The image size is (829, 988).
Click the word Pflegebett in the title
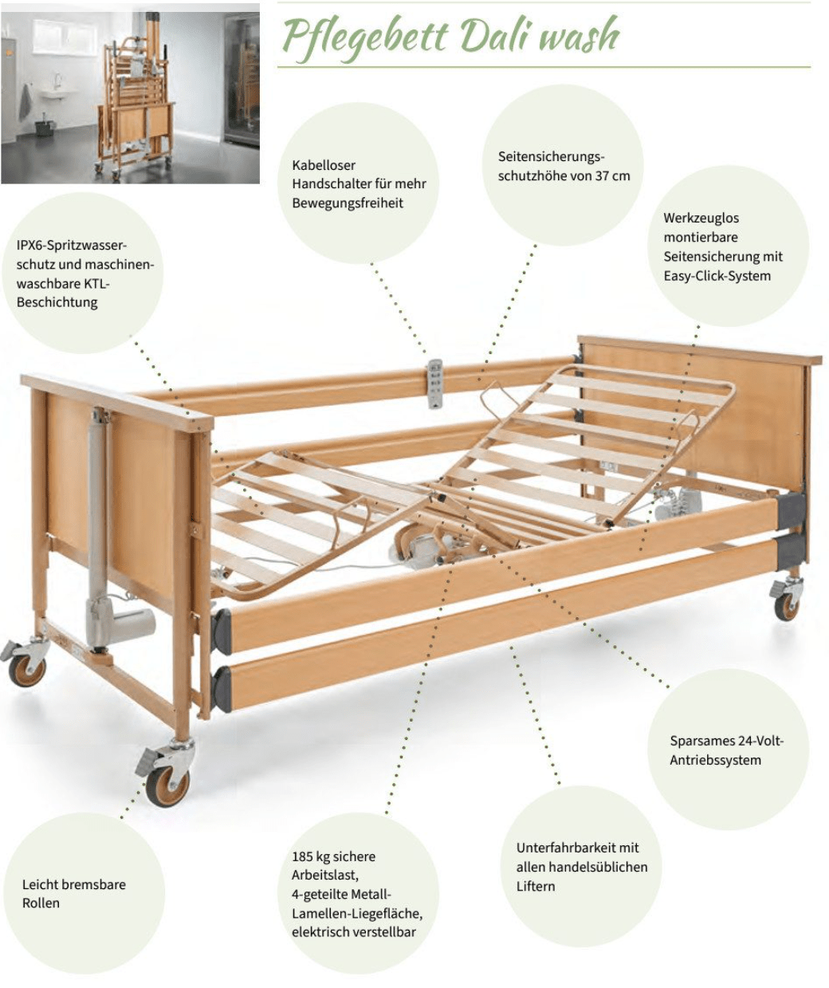click(x=365, y=37)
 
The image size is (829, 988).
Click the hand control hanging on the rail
click(x=435, y=384)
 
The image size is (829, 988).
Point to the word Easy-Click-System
click(x=717, y=276)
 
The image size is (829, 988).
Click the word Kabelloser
click(x=324, y=165)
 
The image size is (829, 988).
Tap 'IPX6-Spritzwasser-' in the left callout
click(x=72, y=246)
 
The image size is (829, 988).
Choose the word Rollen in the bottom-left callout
click(x=41, y=903)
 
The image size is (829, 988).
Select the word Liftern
click(x=536, y=886)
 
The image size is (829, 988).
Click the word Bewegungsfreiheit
click(x=348, y=203)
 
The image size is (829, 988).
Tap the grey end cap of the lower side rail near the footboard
click(x=222, y=691)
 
